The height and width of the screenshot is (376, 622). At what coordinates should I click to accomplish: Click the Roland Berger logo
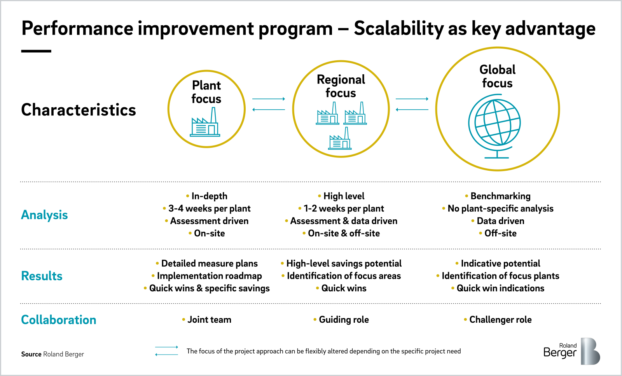coord(571,351)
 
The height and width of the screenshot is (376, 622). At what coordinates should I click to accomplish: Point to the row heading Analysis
coord(44,215)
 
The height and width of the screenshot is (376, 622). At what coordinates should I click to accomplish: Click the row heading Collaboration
coord(58,320)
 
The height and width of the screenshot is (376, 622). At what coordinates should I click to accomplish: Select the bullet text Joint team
coord(209,320)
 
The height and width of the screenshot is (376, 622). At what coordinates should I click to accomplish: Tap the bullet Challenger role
coord(500,320)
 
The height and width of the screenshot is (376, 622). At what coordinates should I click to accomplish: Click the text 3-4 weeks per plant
coord(209,209)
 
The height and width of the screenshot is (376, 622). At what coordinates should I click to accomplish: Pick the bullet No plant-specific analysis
coord(500,209)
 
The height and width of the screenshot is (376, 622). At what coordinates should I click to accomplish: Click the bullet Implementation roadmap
coord(209,276)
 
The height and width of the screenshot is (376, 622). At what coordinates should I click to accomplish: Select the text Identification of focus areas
coord(344,276)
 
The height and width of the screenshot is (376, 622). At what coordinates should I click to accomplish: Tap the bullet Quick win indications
coord(500,289)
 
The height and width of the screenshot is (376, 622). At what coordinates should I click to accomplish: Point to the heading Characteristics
coord(79,110)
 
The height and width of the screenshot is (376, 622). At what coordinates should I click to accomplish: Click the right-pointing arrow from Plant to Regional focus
coord(269,99)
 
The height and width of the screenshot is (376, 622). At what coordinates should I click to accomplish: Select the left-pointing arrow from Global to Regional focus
coord(412,110)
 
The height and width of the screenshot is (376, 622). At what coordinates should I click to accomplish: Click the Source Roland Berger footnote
coord(52,354)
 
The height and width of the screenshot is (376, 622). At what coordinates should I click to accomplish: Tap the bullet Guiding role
coord(344,320)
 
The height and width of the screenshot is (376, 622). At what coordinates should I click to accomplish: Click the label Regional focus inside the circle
coord(341,86)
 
